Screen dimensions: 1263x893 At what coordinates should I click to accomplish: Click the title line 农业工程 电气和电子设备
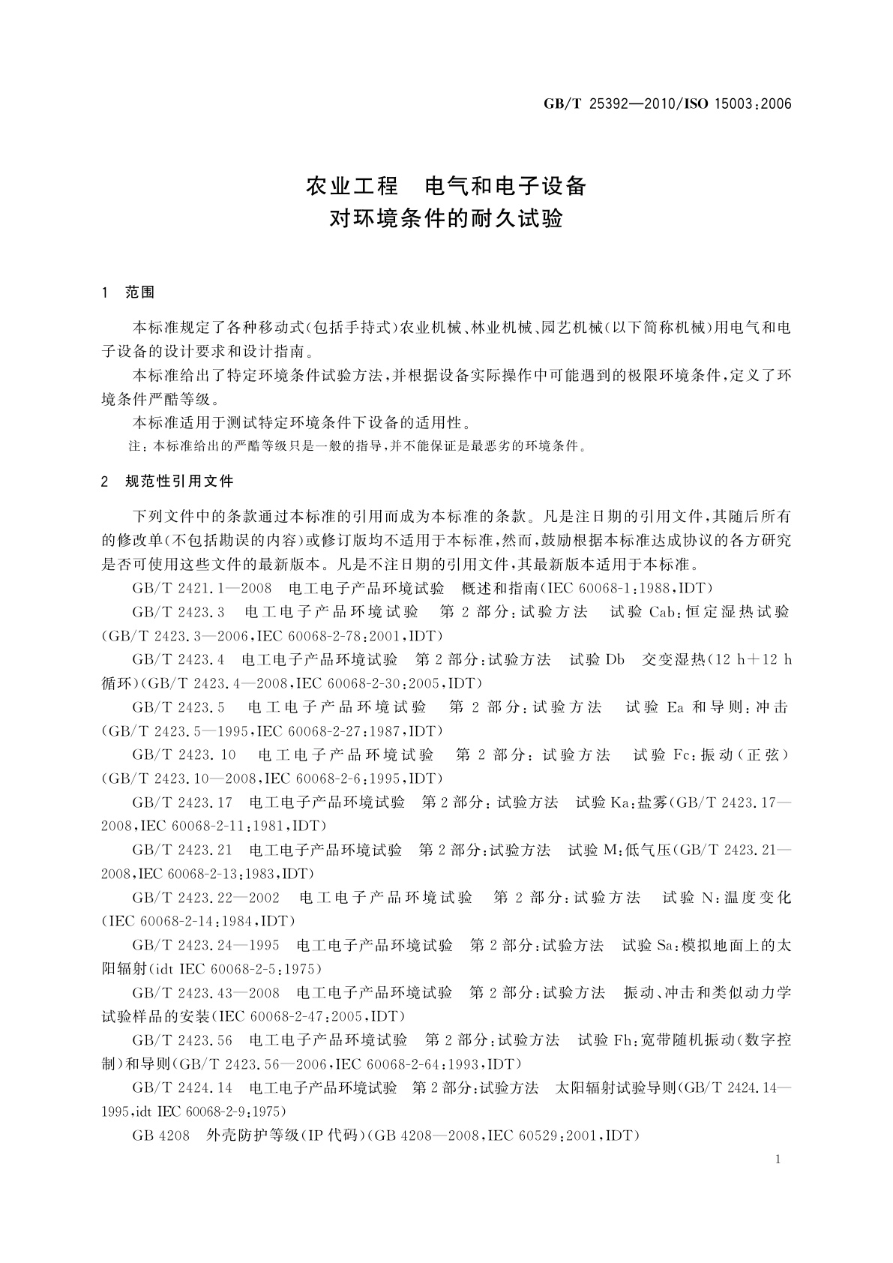[x=446, y=185]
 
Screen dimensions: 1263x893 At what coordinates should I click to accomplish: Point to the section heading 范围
[x=140, y=292]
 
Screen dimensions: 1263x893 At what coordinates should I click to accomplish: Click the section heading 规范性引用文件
[x=179, y=481]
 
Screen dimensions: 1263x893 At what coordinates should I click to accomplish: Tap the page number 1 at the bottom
[x=778, y=1159]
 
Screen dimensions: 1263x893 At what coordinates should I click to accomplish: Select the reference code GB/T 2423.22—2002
[x=205, y=898]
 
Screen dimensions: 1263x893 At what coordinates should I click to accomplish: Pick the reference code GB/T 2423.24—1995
[x=205, y=945]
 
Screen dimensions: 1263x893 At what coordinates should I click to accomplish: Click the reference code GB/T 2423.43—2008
[x=205, y=993]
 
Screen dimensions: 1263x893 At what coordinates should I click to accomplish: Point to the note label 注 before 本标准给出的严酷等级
[x=136, y=446]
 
